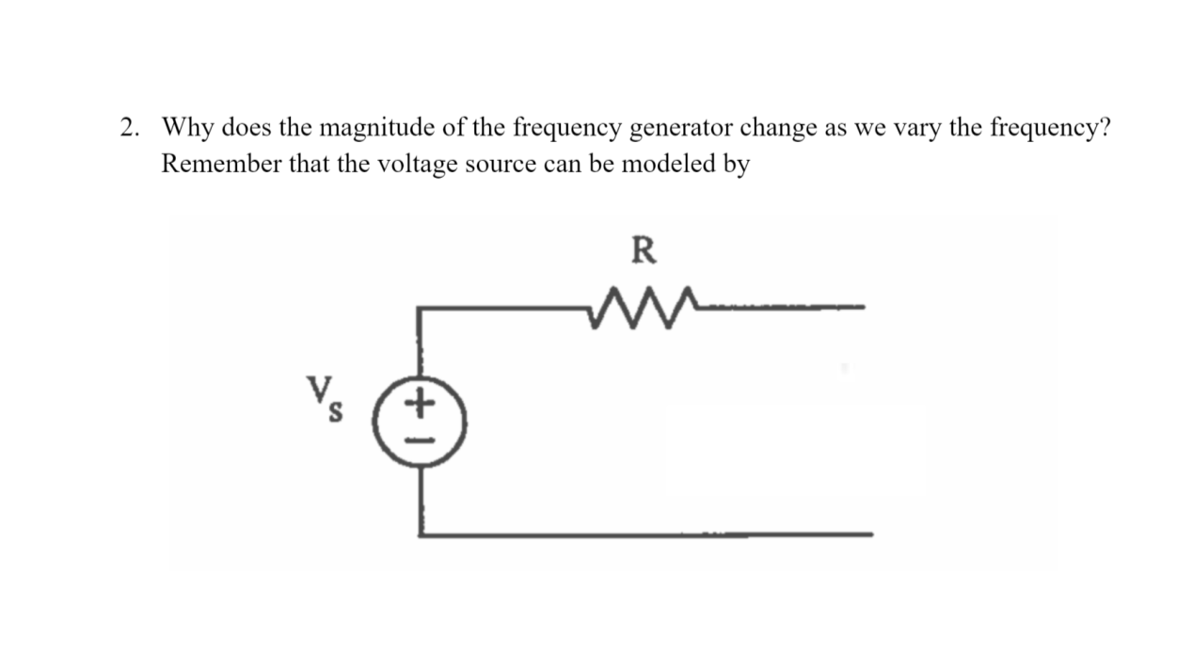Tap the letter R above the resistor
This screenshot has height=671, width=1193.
point(644,251)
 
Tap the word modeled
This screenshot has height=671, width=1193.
point(668,164)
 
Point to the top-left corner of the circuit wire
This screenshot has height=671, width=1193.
point(420,307)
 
